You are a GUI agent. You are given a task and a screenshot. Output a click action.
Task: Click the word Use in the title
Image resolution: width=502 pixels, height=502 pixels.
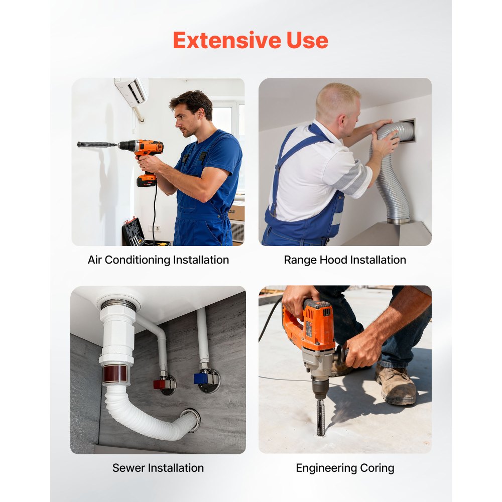[307, 40]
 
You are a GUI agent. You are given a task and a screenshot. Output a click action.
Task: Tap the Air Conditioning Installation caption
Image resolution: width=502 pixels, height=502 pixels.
[158, 260]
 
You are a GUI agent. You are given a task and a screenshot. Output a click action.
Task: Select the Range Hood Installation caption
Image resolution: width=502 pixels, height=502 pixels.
[345, 260]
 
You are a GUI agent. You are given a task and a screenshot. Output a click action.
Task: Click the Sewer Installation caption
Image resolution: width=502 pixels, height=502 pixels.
[158, 468]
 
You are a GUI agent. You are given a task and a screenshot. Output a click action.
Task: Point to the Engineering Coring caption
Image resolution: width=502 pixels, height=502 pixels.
[345, 468]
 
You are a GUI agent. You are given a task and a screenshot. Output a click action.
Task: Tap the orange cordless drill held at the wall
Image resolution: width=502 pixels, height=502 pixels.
[144, 157]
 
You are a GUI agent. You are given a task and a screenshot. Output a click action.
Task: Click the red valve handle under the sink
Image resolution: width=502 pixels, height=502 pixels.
[159, 384]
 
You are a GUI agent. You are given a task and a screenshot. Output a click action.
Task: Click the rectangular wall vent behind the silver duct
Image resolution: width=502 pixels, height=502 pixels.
[407, 131]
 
